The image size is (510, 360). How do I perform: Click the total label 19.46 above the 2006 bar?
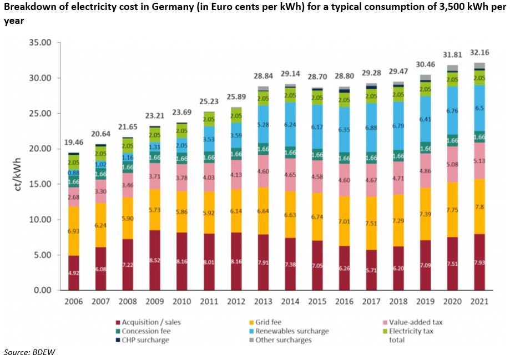click(x=73, y=143)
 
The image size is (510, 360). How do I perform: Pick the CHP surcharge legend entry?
click(x=146, y=340)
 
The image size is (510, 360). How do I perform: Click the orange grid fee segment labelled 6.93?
click(x=73, y=230)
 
